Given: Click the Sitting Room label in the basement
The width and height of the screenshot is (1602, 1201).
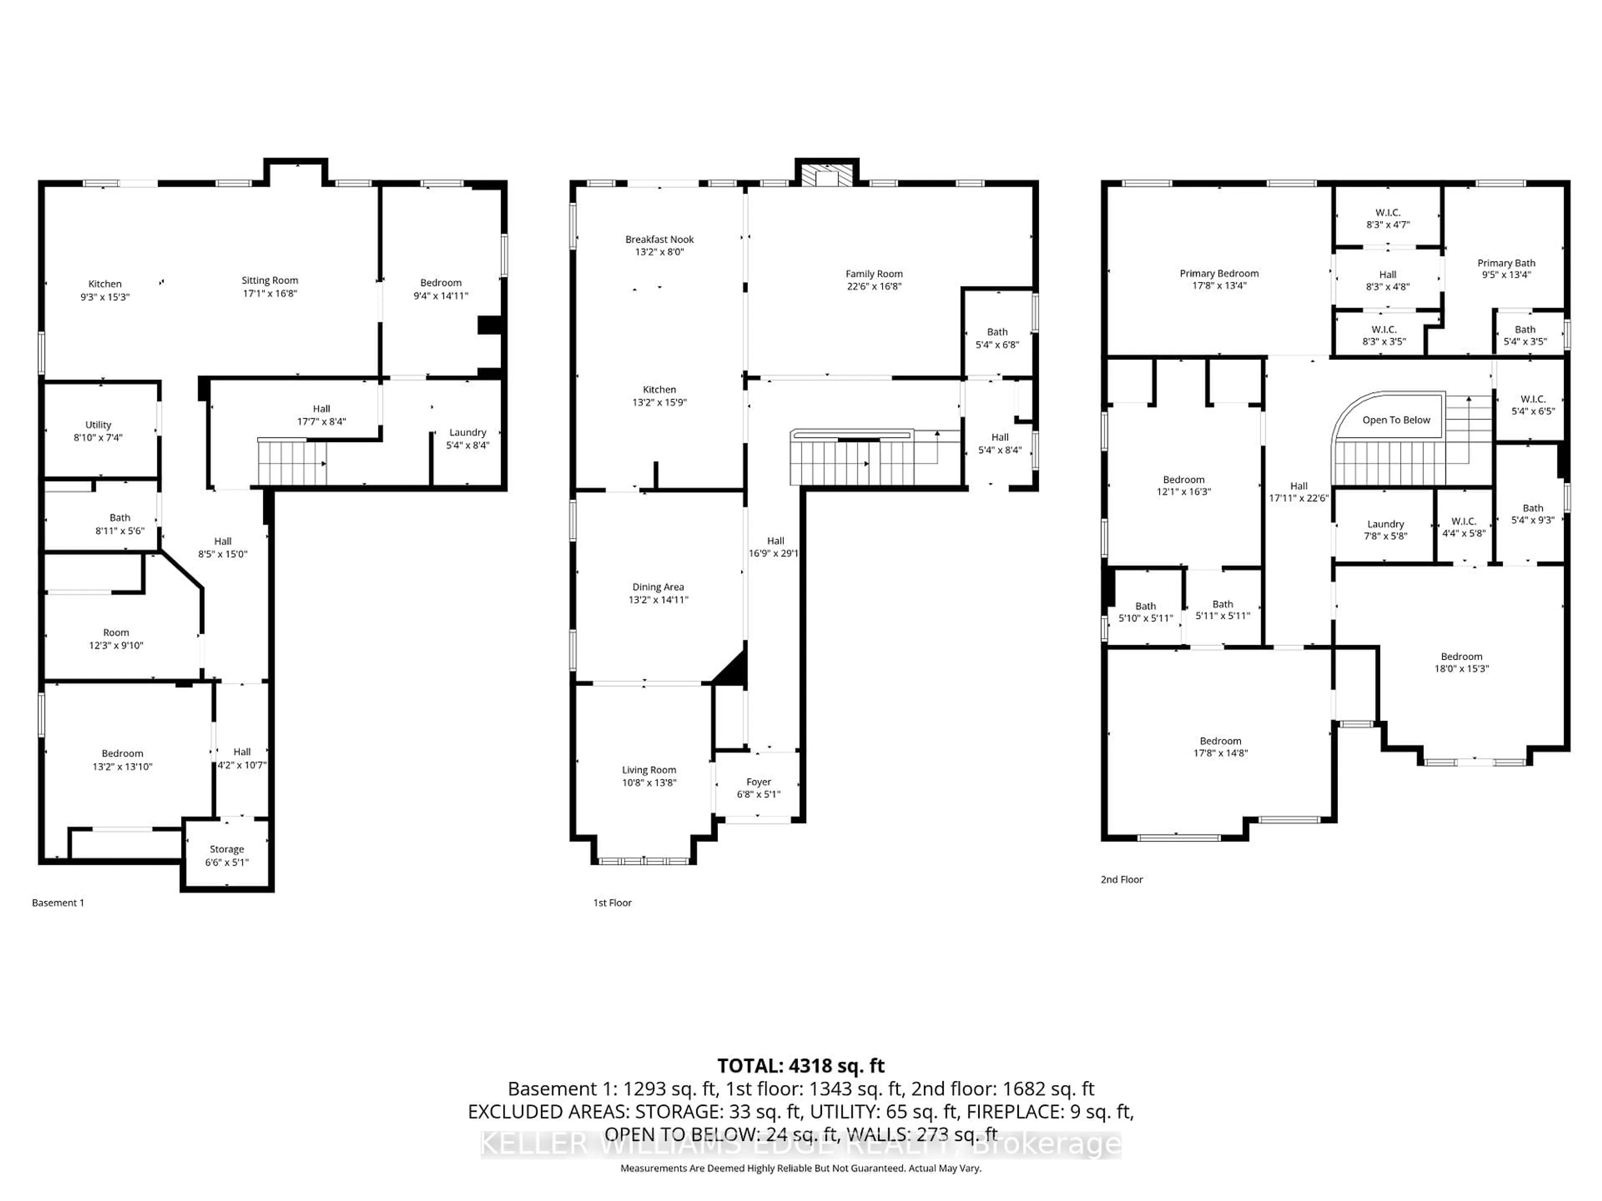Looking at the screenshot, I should pyautogui.click(x=270, y=280).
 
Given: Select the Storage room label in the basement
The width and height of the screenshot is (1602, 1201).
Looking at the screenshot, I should pyautogui.click(x=227, y=849).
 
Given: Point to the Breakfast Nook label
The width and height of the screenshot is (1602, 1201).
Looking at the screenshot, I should pyautogui.click(x=659, y=240).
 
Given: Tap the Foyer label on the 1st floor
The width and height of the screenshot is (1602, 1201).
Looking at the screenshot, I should pyautogui.click(x=758, y=782).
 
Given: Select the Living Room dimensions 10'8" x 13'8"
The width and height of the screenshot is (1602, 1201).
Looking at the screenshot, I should pyautogui.click(x=648, y=783).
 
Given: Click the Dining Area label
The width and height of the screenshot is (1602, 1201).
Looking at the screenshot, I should pyautogui.click(x=657, y=587).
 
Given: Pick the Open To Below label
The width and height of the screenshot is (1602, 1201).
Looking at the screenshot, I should pyautogui.click(x=1396, y=420).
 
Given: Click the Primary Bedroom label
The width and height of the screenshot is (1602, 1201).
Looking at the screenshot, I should pyautogui.click(x=1219, y=274).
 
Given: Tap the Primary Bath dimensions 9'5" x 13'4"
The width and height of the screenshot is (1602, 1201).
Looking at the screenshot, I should pyautogui.click(x=1506, y=275).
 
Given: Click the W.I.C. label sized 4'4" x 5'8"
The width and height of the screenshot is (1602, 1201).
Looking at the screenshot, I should pyautogui.click(x=1463, y=521).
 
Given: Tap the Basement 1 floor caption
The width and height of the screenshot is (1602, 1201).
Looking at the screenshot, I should pyautogui.click(x=58, y=903).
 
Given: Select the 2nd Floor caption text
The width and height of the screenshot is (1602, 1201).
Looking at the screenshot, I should pyautogui.click(x=1121, y=879).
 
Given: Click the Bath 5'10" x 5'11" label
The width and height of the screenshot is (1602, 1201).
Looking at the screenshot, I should pyautogui.click(x=1145, y=607).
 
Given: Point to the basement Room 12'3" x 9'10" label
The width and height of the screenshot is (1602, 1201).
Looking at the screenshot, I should pyautogui.click(x=116, y=633).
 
